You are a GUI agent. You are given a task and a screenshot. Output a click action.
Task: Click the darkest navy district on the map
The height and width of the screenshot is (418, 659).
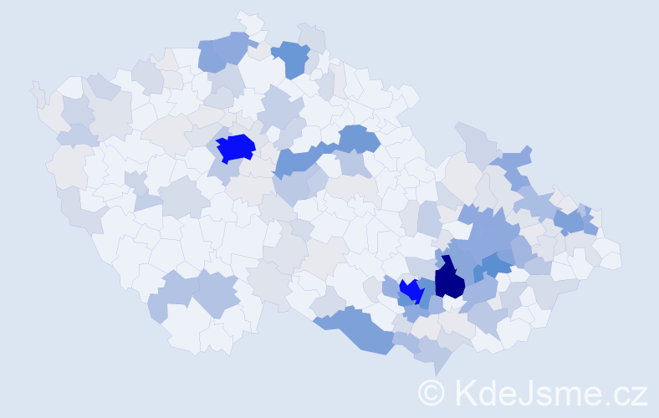click(449, 280)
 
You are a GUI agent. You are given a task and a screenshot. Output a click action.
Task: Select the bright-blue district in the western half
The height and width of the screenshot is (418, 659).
click(236, 148)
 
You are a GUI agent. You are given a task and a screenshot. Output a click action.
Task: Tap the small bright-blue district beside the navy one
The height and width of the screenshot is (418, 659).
click(411, 291)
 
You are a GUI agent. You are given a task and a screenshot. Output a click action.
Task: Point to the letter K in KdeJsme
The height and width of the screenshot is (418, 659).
click(467, 391)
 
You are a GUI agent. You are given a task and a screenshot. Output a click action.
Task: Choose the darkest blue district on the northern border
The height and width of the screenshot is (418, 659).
click(292, 58)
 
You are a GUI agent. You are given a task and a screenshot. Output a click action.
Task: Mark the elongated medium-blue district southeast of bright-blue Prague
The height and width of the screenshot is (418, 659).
click(297, 160)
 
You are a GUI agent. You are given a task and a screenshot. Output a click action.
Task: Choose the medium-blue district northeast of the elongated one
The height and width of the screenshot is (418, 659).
click(358, 138)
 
